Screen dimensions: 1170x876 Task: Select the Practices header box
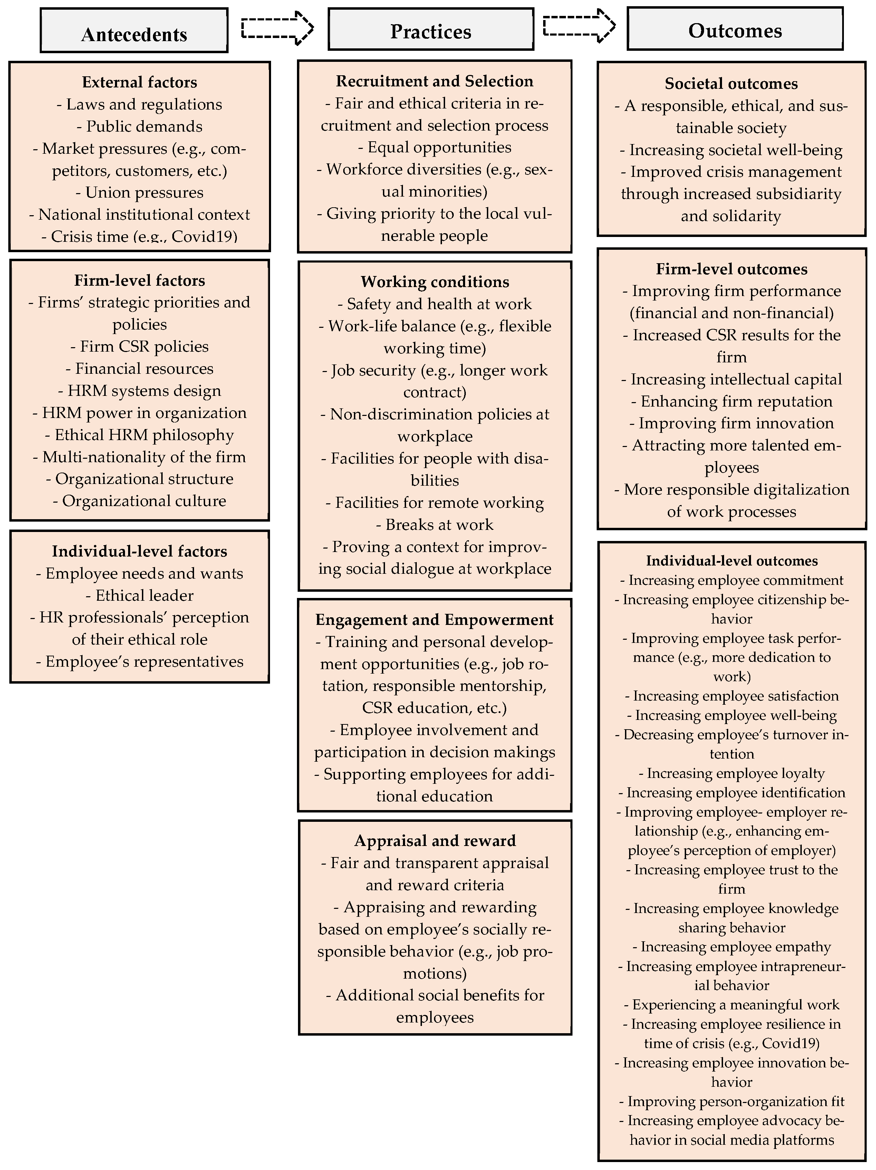[431, 30]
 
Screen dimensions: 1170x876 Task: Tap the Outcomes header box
[735, 29]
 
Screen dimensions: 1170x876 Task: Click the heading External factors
[139, 82]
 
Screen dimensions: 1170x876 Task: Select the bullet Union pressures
[139, 192]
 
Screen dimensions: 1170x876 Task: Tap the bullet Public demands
[139, 126]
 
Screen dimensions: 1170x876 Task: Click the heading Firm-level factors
[139, 280]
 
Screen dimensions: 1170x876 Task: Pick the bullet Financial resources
[139, 369]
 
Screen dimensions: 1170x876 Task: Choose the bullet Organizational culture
[139, 501]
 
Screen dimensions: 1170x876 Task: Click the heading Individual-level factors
[139, 551]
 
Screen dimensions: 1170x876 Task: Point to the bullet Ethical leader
[139, 596]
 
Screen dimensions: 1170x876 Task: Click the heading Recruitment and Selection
[435, 81]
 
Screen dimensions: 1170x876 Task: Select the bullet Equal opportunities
[435, 147]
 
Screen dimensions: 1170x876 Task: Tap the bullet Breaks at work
[435, 525]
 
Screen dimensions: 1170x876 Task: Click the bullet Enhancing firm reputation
[732, 401]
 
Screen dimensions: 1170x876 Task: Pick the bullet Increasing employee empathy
[732, 947]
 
